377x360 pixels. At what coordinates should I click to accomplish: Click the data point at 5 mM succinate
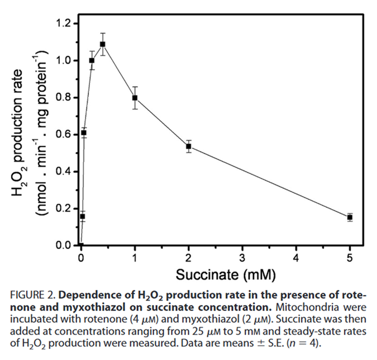(x=350, y=217)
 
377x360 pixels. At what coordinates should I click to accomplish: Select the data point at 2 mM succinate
(x=189, y=146)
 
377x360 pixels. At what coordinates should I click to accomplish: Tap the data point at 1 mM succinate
(x=135, y=98)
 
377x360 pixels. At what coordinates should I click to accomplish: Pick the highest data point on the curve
(x=102, y=44)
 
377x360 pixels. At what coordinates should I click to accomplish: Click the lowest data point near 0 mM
(x=83, y=216)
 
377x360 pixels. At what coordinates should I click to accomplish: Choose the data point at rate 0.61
(x=84, y=132)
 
